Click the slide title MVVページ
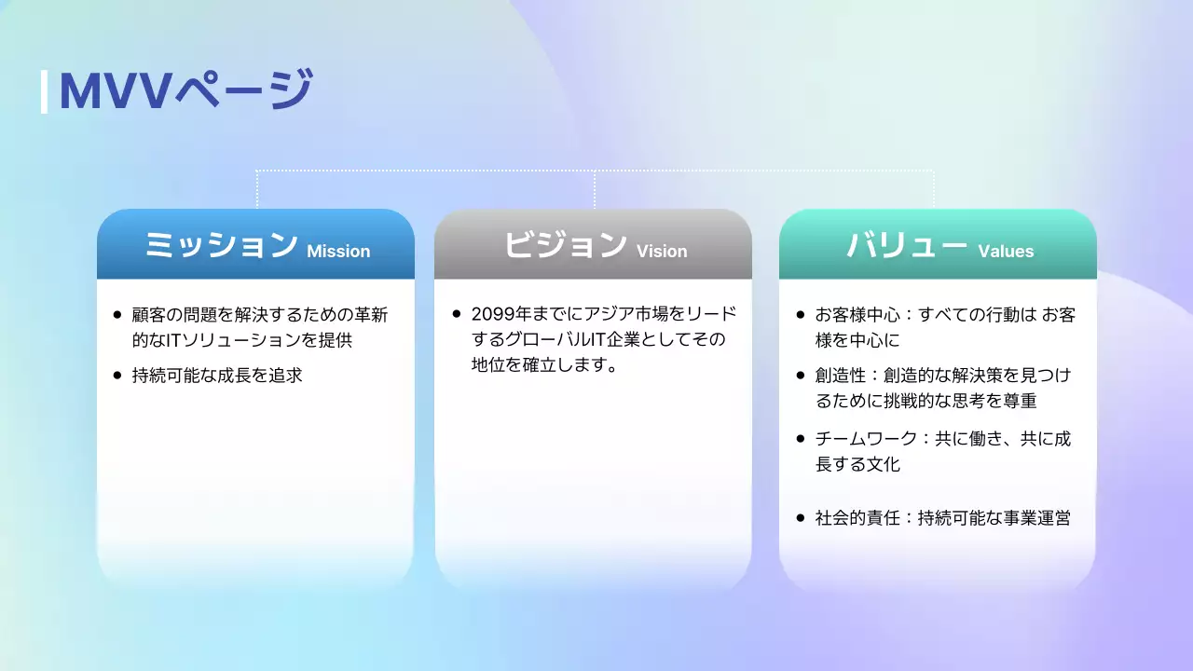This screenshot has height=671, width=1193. click(185, 91)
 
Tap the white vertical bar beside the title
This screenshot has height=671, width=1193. click(44, 91)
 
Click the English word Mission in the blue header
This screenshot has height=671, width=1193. click(338, 251)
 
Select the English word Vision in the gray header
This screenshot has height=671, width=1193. click(662, 251)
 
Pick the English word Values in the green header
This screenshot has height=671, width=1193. click(1006, 251)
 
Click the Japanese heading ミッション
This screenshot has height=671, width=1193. click(221, 245)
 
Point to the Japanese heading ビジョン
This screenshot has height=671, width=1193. click(565, 245)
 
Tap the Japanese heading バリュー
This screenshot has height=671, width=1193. click(907, 245)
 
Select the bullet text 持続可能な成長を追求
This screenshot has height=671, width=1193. click(217, 377)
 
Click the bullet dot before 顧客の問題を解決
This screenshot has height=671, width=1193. click(117, 316)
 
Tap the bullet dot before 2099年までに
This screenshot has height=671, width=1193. click(456, 315)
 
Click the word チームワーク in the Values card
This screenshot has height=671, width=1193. click(853, 439)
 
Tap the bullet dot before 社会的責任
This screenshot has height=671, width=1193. click(801, 518)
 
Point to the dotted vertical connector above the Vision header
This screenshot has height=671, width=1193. click(595, 189)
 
